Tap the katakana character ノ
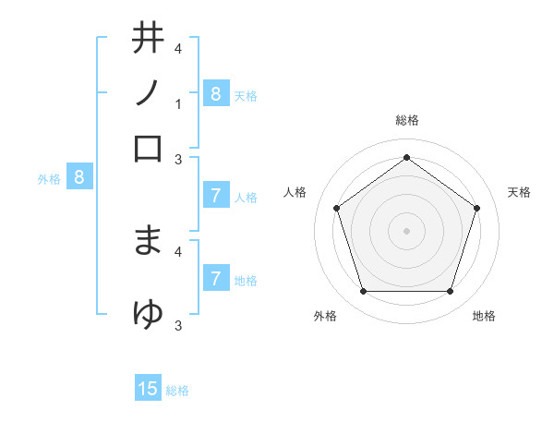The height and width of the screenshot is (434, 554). click(x=148, y=92)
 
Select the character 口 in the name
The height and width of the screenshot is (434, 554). click(x=148, y=148)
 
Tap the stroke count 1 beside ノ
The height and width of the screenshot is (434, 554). click(x=177, y=104)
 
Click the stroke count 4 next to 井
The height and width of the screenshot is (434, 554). click(x=177, y=48)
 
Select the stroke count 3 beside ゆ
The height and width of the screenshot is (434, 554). click(x=177, y=325)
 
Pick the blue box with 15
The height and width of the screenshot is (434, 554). click(x=148, y=389)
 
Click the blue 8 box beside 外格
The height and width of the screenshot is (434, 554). click(x=79, y=177)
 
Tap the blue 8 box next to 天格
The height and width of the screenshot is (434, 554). click(x=215, y=93)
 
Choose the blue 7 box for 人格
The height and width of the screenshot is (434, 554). click(x=215, y=196)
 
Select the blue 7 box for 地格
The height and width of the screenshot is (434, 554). click(x=215, y=279)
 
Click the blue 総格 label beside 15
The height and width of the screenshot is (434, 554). click(x=177, y=391)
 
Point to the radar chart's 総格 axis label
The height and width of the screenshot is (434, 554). click(x=406, y=120)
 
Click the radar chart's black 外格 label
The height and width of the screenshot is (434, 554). click(x=325, y=316)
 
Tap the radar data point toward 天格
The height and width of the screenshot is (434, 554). click(x=476, y=208)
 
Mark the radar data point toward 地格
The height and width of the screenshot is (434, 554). click(x=450, y=292)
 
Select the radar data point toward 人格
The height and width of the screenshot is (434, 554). click(x=336, y=208)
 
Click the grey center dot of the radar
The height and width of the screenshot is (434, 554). click(x=406, y=231)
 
